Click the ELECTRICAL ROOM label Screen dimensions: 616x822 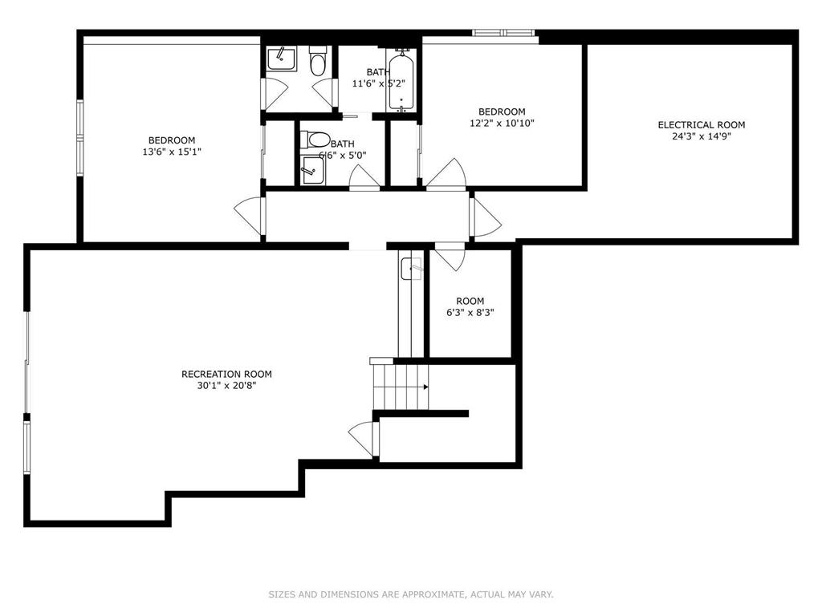(x=701, y=124)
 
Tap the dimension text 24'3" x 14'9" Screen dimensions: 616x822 (x=701, y=136)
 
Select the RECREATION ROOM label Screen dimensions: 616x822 (x=226, y=374)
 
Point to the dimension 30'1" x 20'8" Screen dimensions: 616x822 (x=226, y=386)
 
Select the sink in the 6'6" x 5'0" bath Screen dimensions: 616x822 (x=311, y=171)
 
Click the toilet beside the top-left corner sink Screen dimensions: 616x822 (x=318, y=63)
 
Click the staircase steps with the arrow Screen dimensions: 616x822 (x=400, y=387)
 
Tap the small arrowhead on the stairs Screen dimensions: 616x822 (x=425, y=387)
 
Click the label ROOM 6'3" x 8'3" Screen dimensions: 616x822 (x=470, y=307)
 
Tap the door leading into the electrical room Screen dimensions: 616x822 (x=486, y=217)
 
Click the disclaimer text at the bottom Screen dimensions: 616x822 (x=410, y=594)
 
